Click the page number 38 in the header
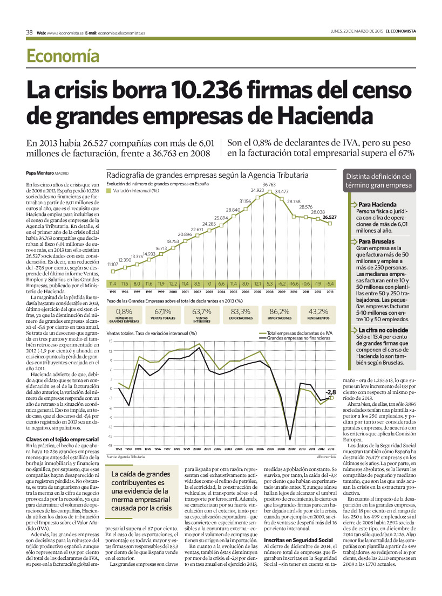tap(30, 32)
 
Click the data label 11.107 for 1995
tap(113, 264)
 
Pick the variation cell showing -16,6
tap(294, 283)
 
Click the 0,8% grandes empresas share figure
tap(124, 311)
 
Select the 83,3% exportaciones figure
tap(241, 311)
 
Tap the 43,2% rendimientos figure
tap(318, 311)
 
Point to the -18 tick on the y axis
tap(110, 446)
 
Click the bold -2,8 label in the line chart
tap(330, 392)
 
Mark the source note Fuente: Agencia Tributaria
tap(126, 456)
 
